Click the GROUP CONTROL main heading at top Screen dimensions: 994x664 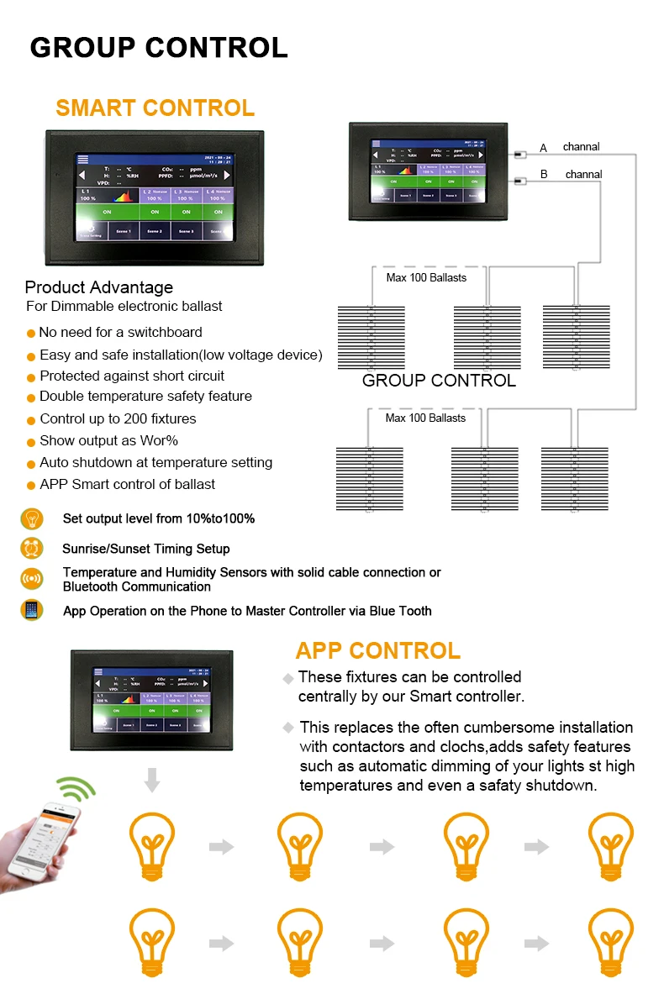pyautogui.click(x=159, y=48)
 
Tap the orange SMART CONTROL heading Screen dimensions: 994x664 pyautogui.click(x=155, y=108)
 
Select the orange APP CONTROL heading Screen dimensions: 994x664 pyautogui.click(x=377, y=650)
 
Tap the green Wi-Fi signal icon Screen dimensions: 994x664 pyautogui.click(x=76, y=790)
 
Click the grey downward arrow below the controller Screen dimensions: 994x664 pyautogui.click(x=151, y=779)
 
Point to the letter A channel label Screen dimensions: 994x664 pyautogui.click(x=543, y=148)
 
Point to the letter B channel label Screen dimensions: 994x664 pyautogui.click(x=544, y=175)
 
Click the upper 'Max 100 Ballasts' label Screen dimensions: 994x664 pyautogui.click(x=426, y=277)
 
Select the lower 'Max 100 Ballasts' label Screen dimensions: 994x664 pyautogui.click(x=425, y=418)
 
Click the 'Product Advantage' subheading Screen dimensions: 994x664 pyautogui.click(x=98, y=288)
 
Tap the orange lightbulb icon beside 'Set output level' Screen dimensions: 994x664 pyautogui.click(x=32, y=518)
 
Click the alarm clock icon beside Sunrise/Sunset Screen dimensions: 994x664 pyautogui.click(x=32, y=549)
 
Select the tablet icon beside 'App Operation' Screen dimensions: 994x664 pyautogui.click(x=32, y=610)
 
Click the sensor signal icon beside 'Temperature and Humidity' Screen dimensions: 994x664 pyautogui.click(x=32, y=579)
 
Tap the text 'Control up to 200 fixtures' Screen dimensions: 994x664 pyautogui.click(x=118, y=418)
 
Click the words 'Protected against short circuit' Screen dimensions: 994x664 pyautogui.click(x=132, y=376)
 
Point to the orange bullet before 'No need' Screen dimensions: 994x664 pyautogui.click(x=31, y=334)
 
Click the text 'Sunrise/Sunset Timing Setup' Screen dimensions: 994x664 pyautogui.click(x=145, y=549)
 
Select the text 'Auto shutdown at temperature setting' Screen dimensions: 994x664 pyautogui.click(x=155, y=462)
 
